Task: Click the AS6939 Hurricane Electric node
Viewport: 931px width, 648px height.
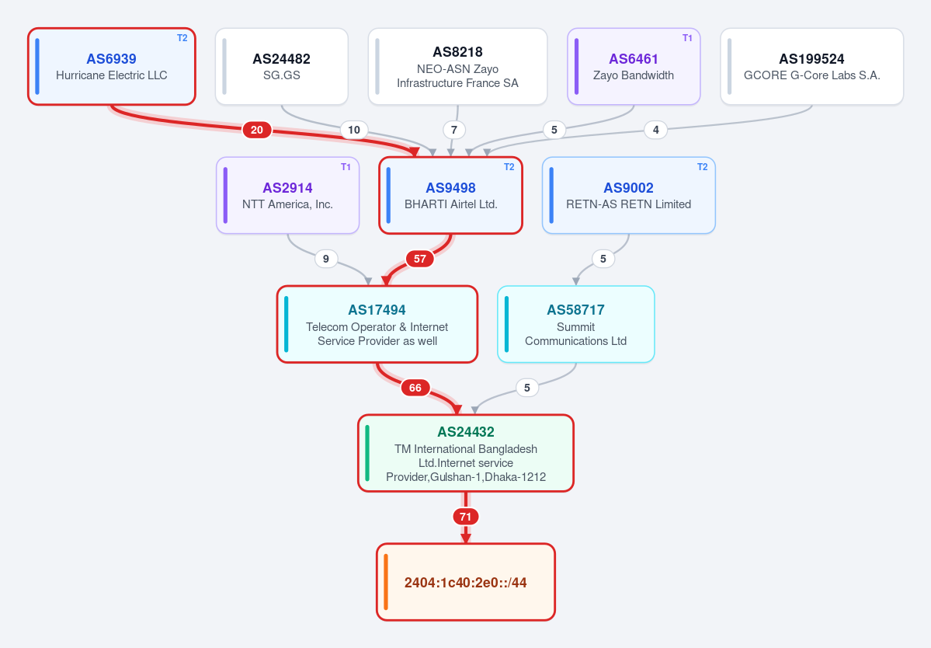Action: (x=112, y=67)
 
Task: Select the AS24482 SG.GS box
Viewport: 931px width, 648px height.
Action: (x=281, y=67)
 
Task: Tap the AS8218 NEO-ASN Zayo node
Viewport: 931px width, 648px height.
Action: (x=458, y=67)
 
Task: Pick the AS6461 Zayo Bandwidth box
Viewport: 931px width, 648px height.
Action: (x=634, y=67)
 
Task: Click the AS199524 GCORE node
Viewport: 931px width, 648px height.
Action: (x=811, y=67)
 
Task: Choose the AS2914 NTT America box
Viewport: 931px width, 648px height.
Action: (x=288, y=195)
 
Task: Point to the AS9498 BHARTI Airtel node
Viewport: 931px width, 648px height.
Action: (x=450, y=195)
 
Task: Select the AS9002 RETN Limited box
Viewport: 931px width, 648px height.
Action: (x=629, y=195)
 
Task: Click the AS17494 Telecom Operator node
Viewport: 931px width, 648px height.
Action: (x=377, y=324)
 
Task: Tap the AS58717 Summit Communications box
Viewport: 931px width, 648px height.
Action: (x=576, y=324)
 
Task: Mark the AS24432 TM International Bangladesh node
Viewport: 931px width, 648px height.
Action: (x=466, y=453)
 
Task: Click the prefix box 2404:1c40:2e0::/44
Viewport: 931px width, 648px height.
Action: (x=466, y=582)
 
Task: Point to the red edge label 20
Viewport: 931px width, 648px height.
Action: (x=257, y=130)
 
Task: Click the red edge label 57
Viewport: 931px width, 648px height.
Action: (x=420, y=259)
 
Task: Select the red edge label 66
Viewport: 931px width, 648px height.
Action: (x=415, y=388)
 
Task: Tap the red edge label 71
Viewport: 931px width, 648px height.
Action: (x=466, y=517)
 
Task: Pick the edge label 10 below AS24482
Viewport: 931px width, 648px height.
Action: (x=354, y=130)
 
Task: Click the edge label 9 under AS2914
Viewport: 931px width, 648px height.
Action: (x=326, y=259)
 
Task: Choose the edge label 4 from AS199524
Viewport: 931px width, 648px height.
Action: (x=655, y=130)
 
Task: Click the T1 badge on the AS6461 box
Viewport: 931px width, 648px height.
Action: (x=687, y=38)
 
